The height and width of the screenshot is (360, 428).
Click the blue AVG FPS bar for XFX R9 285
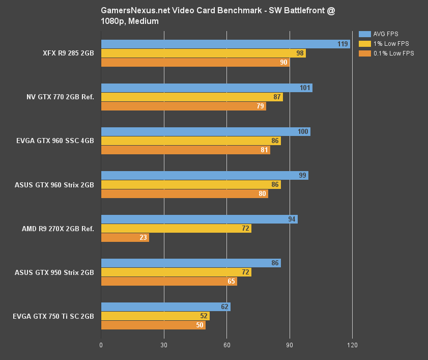[x=225, y=44]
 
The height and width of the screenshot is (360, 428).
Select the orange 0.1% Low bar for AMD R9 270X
[x=125, y=238]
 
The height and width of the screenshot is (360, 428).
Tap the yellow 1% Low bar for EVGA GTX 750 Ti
[x=155, y=316]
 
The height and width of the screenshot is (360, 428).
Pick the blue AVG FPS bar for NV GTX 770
[x=207, y=88]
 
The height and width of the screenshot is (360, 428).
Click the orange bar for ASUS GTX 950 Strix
[x=169, y=281]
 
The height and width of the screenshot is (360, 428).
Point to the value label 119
[x=343, y=44]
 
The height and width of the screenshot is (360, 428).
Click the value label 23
[x=143, y=238]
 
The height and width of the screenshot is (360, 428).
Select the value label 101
[x=305, y=88]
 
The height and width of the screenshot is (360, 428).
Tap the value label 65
[x=231, y=281]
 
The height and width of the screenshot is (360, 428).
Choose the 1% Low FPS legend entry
[x=390, y=44]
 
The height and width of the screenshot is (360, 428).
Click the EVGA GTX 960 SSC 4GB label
[x=55, y=141]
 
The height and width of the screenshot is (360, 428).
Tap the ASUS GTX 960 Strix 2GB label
[x=54, y=185]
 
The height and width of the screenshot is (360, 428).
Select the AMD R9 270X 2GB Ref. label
[x=58, y=229]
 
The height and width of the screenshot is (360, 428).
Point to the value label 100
[x=303, y=132]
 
